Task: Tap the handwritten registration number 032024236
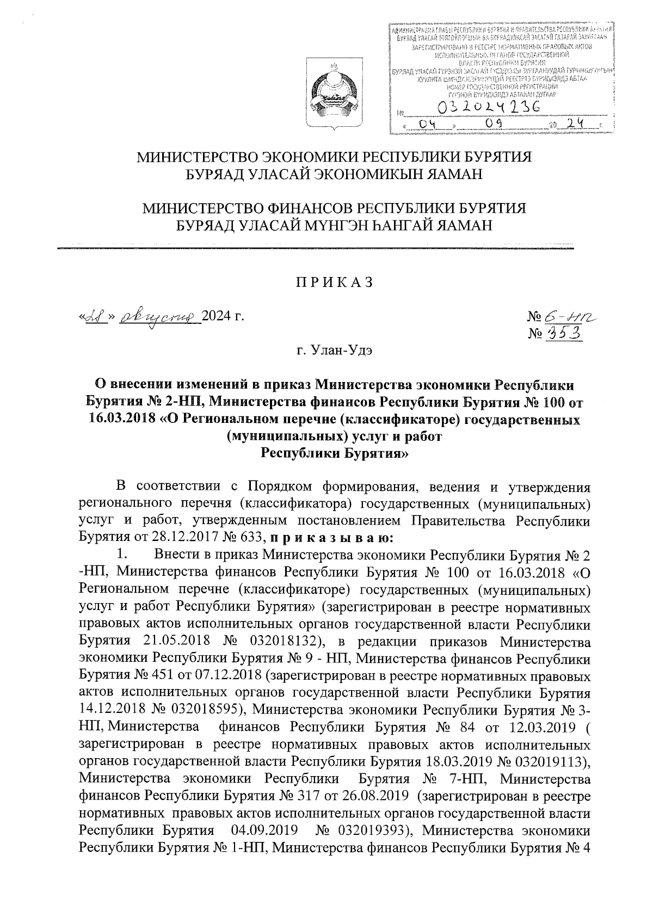coord(493,107)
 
